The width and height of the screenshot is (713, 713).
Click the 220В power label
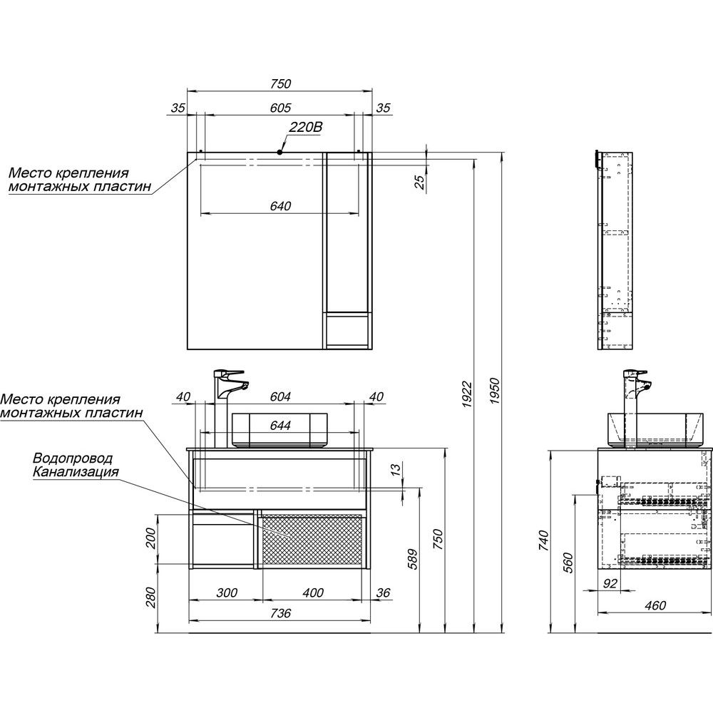(x=306, y=127)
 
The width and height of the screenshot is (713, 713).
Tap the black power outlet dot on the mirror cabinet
(x=279, y=153)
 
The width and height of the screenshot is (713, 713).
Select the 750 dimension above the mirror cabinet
(x=280, y=83)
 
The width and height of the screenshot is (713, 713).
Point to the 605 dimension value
(x=280, y=108)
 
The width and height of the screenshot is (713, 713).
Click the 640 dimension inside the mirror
(x=280, y=206)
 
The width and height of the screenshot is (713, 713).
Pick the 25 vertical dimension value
(x=421, y=181)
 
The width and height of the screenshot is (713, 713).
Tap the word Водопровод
(x=73, y=458)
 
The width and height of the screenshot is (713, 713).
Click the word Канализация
(x=76, y=471)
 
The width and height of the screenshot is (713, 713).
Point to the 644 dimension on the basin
(x=280, y=425)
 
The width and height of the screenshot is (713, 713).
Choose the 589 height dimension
(x=411, y=558)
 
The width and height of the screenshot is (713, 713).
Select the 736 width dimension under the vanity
(x=280, y=613)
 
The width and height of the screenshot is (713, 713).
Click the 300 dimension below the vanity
(x=227, y=593)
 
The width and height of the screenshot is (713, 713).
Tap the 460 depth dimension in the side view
(x=655, y=605)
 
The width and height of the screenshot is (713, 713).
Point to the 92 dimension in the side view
(x=609, y=583)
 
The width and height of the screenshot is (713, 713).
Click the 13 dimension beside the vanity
(x=396, y=468)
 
